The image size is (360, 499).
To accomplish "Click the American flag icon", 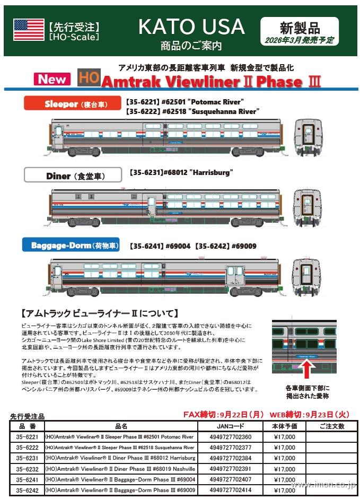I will (x=29, y=30).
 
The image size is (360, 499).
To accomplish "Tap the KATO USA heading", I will (x=191, y=27).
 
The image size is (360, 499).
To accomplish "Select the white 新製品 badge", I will (x=300, y=31).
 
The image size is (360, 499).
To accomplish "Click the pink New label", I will (x=52, y=80).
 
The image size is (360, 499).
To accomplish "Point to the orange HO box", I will (x=88, y=79).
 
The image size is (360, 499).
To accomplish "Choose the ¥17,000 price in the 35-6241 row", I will (x=284, y=480).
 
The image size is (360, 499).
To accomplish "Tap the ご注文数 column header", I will (x=332, y=426).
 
